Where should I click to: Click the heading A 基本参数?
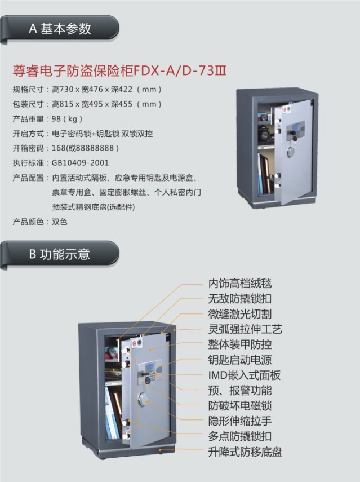(x=60, y=29)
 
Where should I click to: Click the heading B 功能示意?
(x=60, y=254)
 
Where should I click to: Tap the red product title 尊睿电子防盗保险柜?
(x=73, y=70)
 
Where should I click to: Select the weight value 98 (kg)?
(x=67, y=118)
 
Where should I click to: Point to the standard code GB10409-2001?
(x=80, y=162)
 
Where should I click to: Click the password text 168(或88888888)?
(x=85, y=148)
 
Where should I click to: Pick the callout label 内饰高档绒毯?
(x=240, y=284)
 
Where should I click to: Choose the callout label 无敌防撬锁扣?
(x=240, y=299)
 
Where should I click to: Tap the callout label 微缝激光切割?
(x=240, y=314)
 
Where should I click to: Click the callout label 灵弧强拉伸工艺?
(x=245, y=329)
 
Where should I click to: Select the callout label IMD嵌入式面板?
(x=245, y=375)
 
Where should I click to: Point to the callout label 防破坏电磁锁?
(x=240, y=406)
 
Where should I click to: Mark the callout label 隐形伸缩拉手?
(x=240, y=421)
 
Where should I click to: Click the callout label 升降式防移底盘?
(x=245, y=452)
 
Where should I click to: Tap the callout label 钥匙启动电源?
(x=240, y=360)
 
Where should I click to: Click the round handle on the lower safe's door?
(x=143, y=399)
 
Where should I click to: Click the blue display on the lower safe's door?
(x=150, y=368)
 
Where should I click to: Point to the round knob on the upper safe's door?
(x=291, y=152)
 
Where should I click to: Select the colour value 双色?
(x=60, y=222)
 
